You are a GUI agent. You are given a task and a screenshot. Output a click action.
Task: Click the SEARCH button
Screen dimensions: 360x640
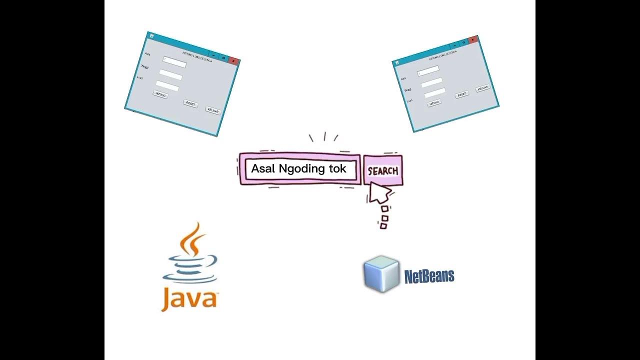pos(382,170)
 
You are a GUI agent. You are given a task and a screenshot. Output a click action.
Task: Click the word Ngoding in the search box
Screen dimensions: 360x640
pos(301,168)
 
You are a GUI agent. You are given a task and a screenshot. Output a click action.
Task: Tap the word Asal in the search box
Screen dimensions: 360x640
pos(263,168)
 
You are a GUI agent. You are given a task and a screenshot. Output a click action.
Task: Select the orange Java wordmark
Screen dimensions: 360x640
pos(189,299)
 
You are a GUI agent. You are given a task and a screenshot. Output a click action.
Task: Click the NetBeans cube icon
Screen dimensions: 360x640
pos(381,273)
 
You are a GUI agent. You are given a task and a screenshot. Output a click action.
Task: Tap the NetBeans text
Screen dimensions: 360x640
pos(429,276)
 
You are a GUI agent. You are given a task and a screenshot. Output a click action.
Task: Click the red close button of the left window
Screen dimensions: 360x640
pos(233,60)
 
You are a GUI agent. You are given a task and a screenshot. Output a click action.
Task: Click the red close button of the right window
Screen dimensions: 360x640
pos(472,40)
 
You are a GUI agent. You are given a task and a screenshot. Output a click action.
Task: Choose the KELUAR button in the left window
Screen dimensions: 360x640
pos(213,110)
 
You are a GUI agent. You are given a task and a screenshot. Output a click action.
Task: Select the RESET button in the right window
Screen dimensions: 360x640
pos(462,94)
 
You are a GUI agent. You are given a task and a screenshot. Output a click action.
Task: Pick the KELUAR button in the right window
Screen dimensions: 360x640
pos(482,88)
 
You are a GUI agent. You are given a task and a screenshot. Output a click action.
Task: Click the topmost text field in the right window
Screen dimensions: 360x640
pos(428,70)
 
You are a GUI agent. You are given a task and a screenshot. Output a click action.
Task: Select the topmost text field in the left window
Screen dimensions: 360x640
pos(174,62)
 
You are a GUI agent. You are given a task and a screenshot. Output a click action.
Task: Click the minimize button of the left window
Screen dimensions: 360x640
pos(213,53)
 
